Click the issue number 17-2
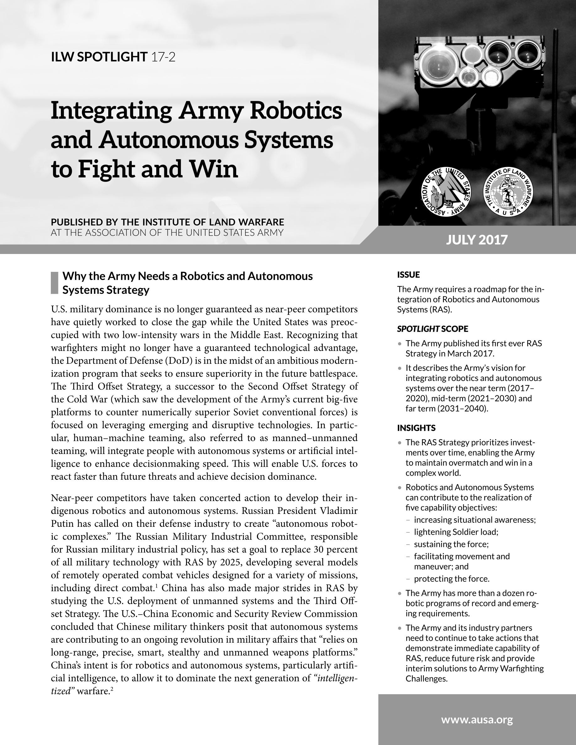pos(163,57)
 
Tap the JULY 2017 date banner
pos(477,240)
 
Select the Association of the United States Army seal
pos(446,193)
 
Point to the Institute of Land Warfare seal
pos(509,193)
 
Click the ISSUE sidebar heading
pos(408,275)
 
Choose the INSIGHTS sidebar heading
pos(416,428)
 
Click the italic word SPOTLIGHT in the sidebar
pos(418,329)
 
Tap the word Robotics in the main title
pos(296,111)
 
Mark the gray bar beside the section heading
pos(55,283)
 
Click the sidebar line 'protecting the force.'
pos(451,579)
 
